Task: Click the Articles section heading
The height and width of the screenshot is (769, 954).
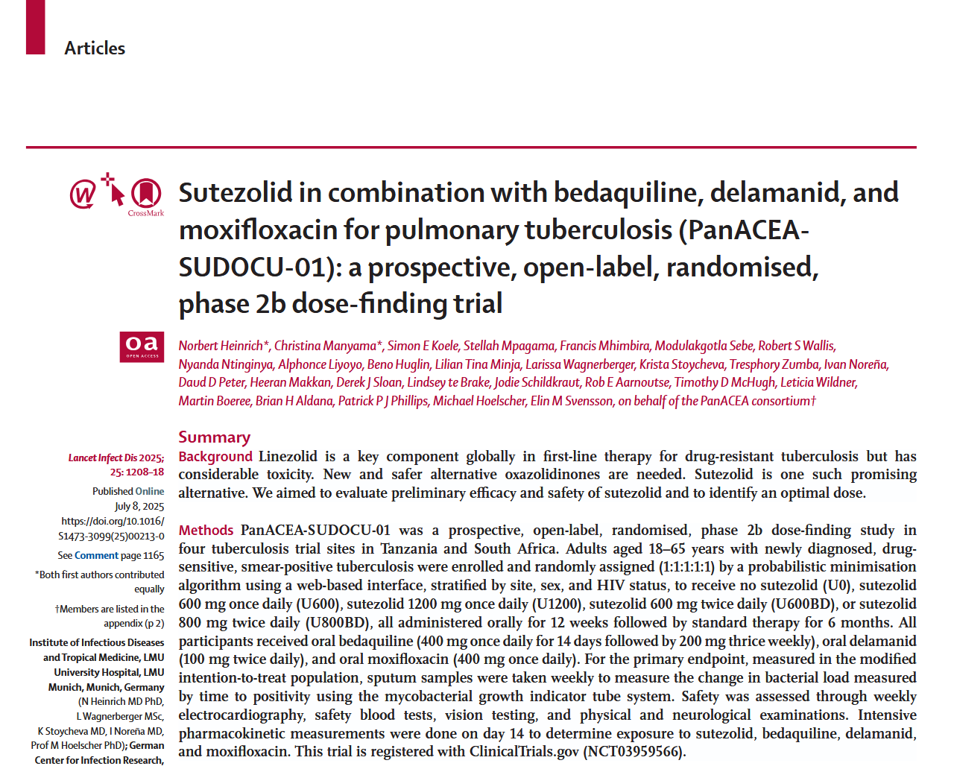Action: tap(95, 48)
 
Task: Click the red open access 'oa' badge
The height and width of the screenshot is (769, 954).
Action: tap(142, 346)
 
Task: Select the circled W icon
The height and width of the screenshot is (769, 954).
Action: tap(83, 194)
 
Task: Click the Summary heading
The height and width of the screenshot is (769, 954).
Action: tap(214, 437)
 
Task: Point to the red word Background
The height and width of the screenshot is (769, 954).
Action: tap(215, 457)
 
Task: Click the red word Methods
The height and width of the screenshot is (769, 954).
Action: tap(206, 531)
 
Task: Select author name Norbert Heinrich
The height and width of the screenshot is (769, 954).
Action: tap(221, 346)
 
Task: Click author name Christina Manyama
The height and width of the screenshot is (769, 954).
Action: tap(325, 346)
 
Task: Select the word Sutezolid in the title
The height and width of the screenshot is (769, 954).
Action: tap(236, 193)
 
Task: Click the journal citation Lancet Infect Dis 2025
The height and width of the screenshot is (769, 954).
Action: tap(116, 458)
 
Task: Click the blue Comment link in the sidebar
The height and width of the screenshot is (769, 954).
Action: tap(96, 555)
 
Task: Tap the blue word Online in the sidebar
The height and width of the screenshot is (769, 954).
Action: tap(150, 491)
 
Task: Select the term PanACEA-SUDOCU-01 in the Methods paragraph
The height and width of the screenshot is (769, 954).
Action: tap(315, 531)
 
